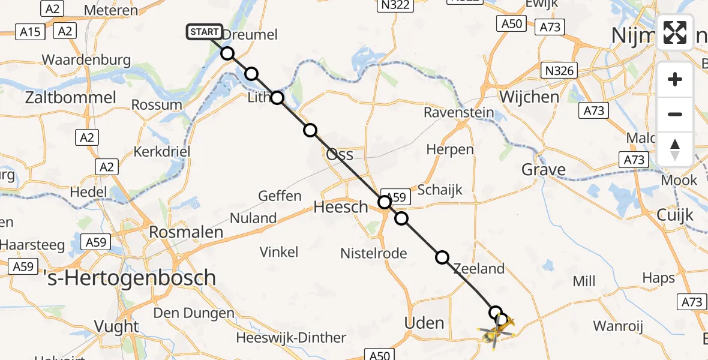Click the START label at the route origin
click(205, 32)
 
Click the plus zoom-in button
click(675, 79)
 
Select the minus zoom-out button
click(675, 114)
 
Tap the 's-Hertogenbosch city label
click(130, 277)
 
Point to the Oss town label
click(340, 154)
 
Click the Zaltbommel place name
click(71, 98)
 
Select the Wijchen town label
click(529, 97)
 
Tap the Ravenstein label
click(459, 112)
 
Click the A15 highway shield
click(29, 31)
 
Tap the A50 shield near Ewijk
click(511, 23)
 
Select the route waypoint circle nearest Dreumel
click(227, 53)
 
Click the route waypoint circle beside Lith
click(277, 98)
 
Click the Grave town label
click(544, 170)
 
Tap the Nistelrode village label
click(373, 253)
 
